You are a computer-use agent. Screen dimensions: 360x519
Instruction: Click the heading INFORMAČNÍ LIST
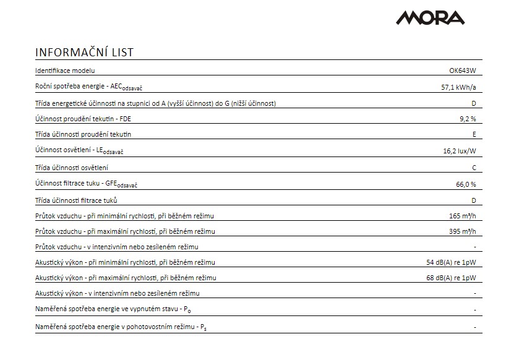[84, 52]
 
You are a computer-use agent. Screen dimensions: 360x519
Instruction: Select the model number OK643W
[463, 71]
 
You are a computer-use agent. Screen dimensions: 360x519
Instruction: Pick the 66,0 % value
[465, 184]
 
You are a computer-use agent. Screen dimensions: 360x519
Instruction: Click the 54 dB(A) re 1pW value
[451, 262]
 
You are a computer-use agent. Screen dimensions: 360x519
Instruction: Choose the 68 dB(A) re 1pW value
[451, 278]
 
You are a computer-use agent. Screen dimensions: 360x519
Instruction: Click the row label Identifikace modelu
[65, 71]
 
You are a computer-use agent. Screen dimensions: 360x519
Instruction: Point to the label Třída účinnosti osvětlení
[76, 168]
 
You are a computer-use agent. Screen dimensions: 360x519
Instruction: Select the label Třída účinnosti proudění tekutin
[84, 134]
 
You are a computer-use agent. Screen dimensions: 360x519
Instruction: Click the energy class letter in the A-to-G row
[473, 103]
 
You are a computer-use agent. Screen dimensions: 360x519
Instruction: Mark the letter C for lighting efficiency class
[473, 168]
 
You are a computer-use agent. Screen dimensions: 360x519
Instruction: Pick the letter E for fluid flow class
[473, 134]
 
